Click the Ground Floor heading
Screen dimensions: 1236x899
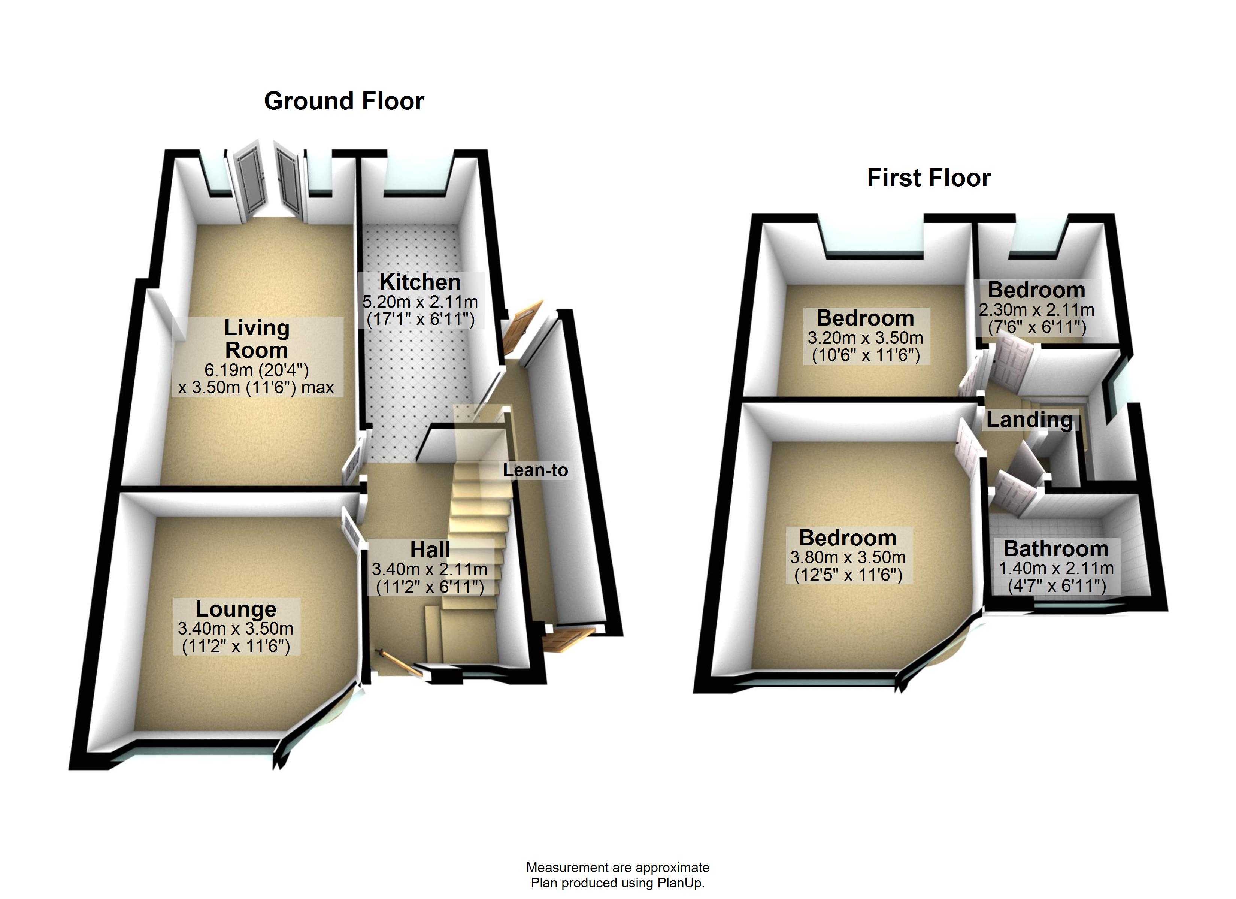pyautogui.click(x=344, y=102)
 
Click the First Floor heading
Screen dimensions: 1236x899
pyautogui.click(x=928, y=178)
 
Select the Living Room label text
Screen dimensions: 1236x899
pyautogui.click(x=256, y=339)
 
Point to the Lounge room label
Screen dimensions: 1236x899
pyautogui.click(x=236, y=609)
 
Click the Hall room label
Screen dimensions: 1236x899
pyautogui.click(x=430, y=550)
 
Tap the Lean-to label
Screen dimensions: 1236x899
pyautogui.click(x=535, y=470)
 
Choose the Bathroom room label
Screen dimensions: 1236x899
pyautogui.click(x=1055, y=548)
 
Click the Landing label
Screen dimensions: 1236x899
pyautogui.click(x=1029, y=420)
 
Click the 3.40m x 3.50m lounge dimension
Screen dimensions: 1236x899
pyautogui.click(x=236, y=629)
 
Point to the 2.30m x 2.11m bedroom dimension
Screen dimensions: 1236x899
pyautogui.click(x=1036, y=310)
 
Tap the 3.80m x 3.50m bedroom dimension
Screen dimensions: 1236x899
pyautogui.click(x=848, y=558)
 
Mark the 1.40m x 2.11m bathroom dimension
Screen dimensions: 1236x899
pyautogui.click(x=1055, y=569)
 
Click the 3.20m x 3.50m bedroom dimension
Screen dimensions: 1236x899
pyautogui.click(x=865, y=338)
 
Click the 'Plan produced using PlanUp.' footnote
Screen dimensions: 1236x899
pyautogui.click(x=618, y=883)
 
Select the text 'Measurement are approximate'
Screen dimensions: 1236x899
pyautogui.click(x=618, y=868)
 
